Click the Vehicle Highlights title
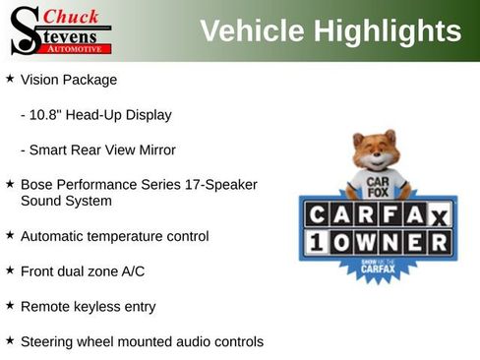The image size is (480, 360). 330,31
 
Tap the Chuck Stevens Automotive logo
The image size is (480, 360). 60,30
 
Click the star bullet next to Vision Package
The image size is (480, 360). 10,78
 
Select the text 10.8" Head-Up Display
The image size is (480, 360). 95,115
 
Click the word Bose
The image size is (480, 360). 36,185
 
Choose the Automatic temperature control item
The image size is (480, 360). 114,236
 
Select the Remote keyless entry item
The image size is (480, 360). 88,306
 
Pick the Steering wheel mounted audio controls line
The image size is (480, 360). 142,341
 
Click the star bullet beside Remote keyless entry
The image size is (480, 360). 10,305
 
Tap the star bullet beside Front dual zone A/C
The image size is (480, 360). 10,270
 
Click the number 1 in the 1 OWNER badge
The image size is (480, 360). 318,242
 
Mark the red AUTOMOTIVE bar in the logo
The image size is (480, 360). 80,48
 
